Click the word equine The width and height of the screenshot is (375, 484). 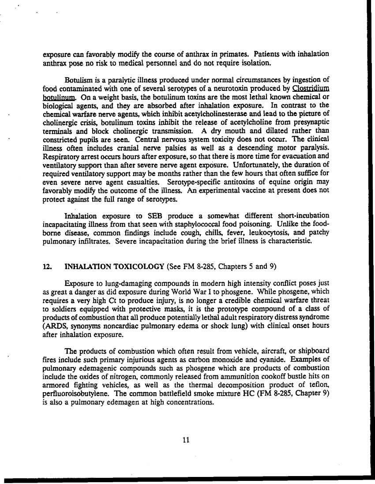point(262,185)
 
